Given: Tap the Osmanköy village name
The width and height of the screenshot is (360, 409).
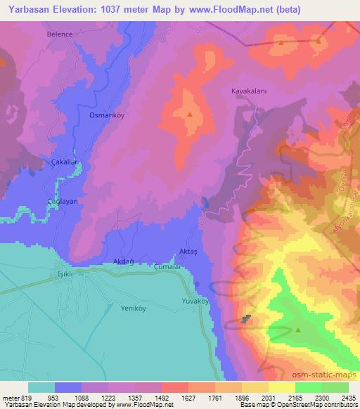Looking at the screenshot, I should point(107,115).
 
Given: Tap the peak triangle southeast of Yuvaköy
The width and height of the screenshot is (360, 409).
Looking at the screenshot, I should point(298,328).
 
